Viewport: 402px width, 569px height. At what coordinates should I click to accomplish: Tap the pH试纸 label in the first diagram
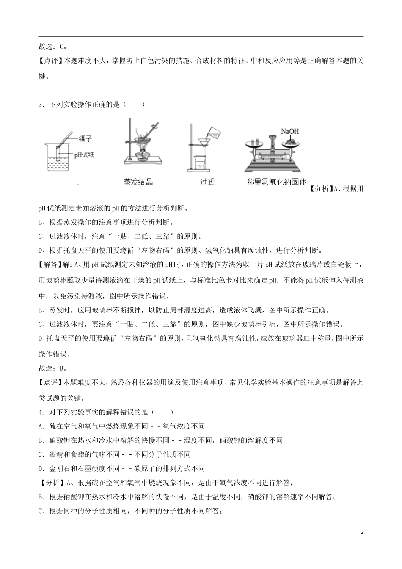pos(84,155)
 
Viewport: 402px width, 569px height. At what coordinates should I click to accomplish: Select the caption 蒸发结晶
pos(138,182)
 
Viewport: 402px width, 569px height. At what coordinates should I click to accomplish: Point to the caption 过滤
pos(207,182)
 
